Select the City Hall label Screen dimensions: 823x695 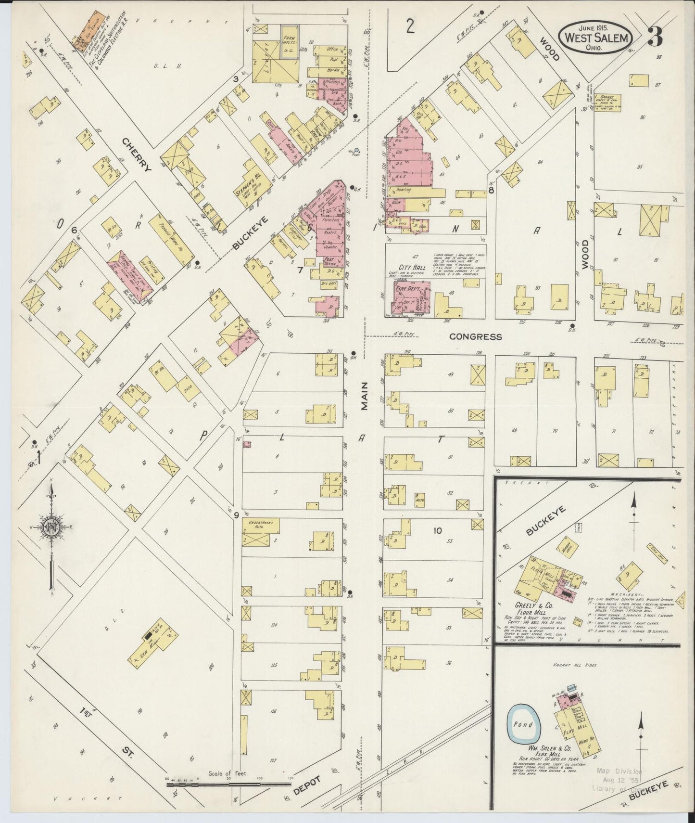tap(410, 267)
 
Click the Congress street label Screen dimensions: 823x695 tap(475, 337)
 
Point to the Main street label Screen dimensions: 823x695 tap(365, 396)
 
